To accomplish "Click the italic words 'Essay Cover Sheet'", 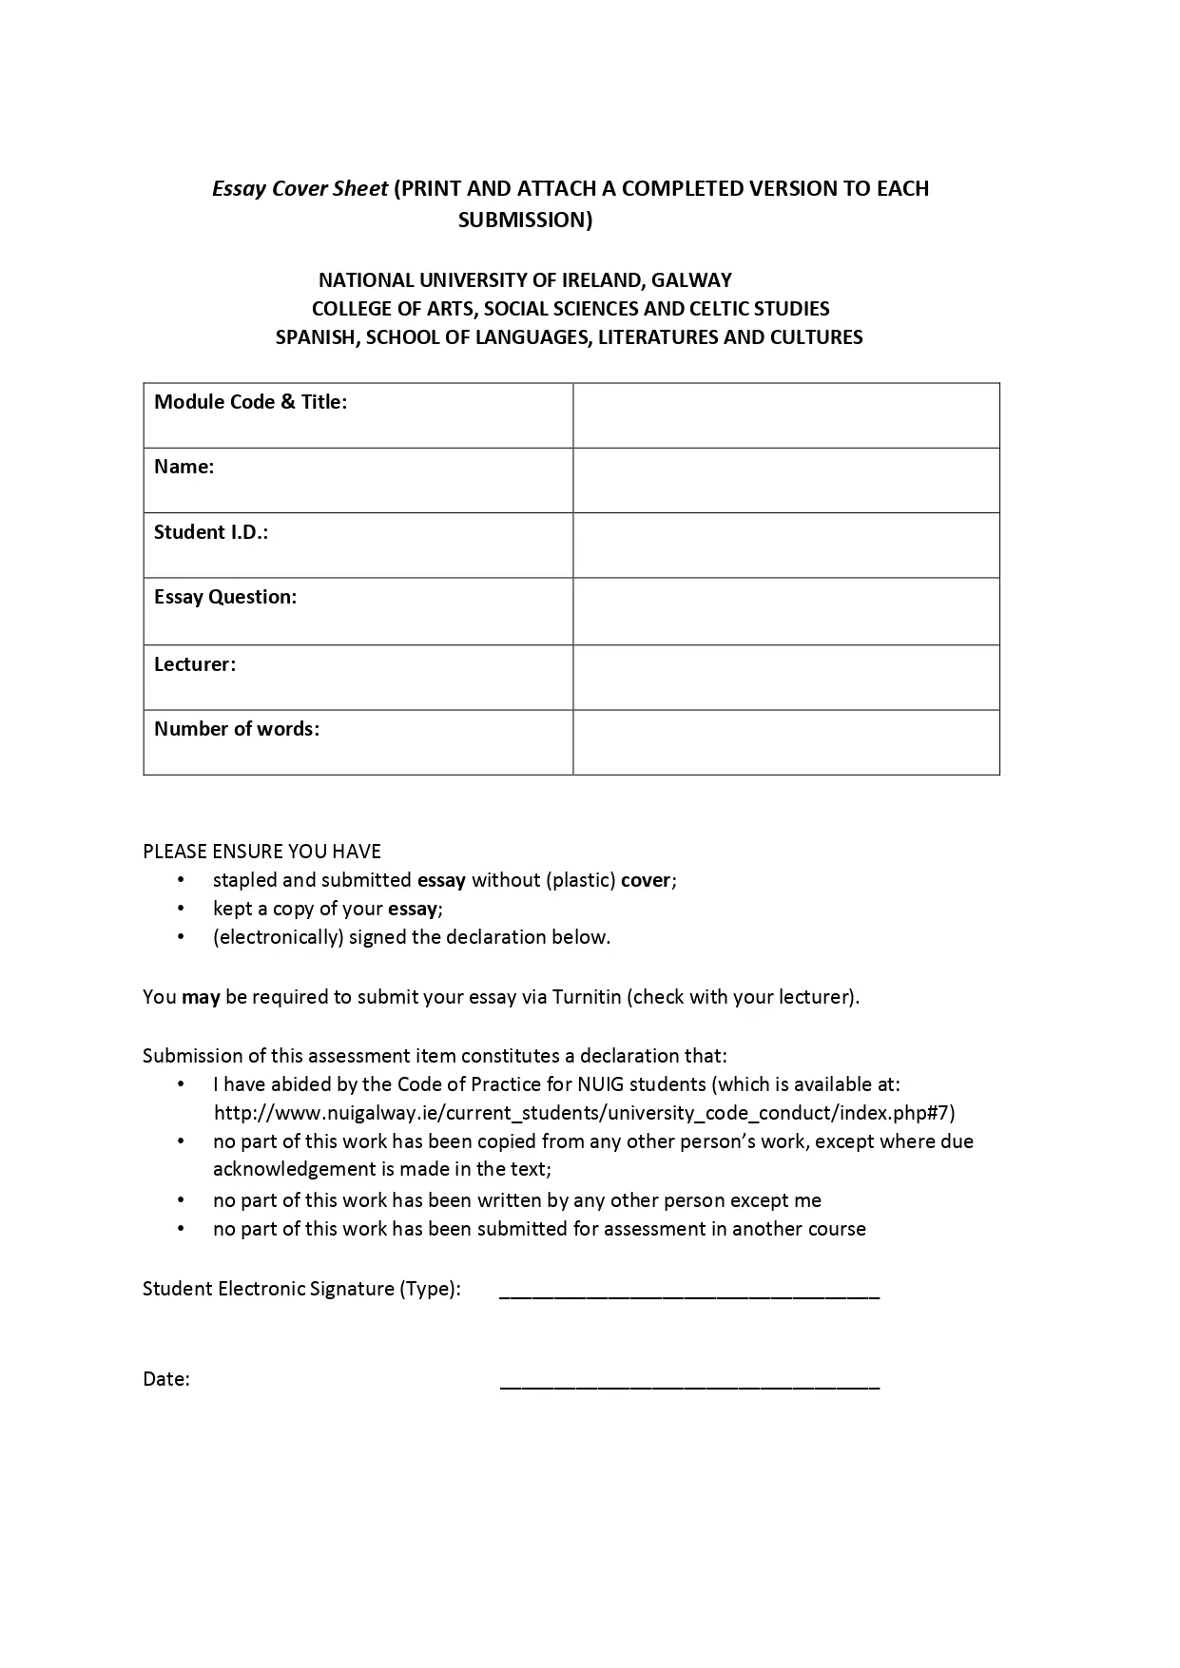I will click(300, 188).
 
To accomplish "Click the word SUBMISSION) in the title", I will click(525, 220).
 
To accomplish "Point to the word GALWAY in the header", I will click(691, 280).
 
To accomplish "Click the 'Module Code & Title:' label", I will click(250, 402).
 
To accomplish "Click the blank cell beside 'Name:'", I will click(785, 480).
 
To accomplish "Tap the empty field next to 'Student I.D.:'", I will click(785, 545).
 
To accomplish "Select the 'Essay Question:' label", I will click(225, 597).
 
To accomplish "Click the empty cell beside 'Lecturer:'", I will click(785, 677).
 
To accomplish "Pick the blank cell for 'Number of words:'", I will click(785, 741).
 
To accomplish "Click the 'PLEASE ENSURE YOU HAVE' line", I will click(261, 852).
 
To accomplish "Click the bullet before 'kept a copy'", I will click(181, 909).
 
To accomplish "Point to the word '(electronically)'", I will click(278, 937).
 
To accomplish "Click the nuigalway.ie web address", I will click(584, 1113).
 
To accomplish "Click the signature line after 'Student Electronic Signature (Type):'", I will click(689, 1294).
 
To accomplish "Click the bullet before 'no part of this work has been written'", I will click(181, 1200).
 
